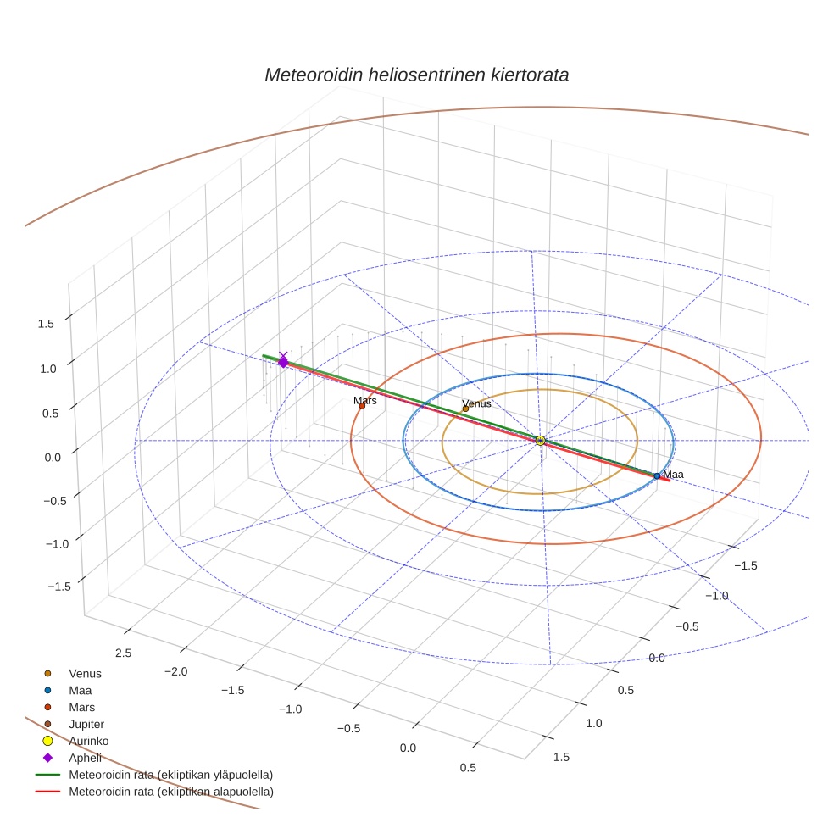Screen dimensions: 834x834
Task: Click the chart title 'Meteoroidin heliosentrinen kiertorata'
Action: tap(416, 75)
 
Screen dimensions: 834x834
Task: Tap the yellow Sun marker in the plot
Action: tap(540, 440)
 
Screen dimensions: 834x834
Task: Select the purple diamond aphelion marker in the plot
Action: tap(283, 363)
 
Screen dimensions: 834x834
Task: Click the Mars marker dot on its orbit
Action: tap(362, 406)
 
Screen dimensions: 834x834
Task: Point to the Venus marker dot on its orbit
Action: tap(465, 409)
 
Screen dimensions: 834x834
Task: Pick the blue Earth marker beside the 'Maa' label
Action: tap(657, 476)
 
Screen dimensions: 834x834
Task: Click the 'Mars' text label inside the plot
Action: tap(365, 400)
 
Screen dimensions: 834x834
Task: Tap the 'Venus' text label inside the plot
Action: tap(476, 403)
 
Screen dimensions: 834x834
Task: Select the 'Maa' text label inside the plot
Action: tap(673, 475)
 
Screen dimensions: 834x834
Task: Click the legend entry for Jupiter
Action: tap(86, 724)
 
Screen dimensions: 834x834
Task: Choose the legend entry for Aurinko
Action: tap(88, 741)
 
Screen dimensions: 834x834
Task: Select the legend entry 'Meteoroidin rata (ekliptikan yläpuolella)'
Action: tap(170, 775)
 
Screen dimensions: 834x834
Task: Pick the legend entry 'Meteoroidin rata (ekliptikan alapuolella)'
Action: tap(170, 792)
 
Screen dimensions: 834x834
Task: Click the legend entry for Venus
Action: tap(85, 674)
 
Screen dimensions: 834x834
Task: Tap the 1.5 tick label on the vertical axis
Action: tap(45, 323)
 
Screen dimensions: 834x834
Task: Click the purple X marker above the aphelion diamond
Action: tap(283, 355)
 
